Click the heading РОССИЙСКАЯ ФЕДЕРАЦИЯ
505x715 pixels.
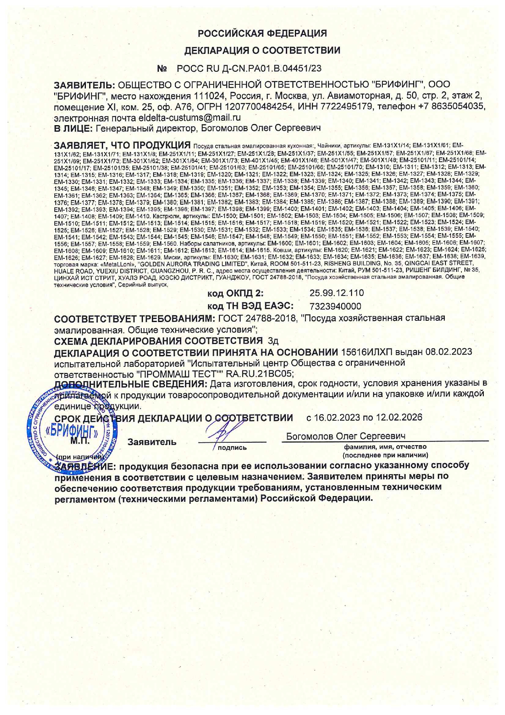tap(262, 33)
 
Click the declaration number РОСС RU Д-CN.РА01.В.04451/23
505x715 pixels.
tap(249, 68)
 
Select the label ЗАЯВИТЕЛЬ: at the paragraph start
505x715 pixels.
tap(85, 85)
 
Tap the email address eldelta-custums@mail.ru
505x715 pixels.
tap(189, 118)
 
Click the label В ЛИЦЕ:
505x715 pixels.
tap(74, 128)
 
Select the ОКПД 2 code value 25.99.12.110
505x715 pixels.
tap(336, 293)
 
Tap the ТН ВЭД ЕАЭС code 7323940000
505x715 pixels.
tap(335, 306)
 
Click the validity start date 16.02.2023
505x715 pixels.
tap(337, 417)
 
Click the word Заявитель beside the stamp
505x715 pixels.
tap(152, 442)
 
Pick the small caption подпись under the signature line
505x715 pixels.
tap(232, 448)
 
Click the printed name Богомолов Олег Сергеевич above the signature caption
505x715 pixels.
tap(345, 436)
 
